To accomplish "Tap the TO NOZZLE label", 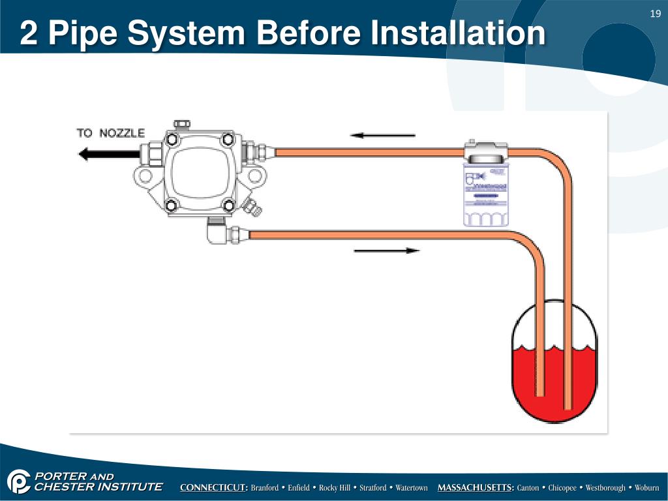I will pyautogui.click(x=110, y=133).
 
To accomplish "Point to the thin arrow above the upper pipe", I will pyautogui.click(x=382, y=136).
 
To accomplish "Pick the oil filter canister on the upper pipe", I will pyautogui.click(x=486, y=186).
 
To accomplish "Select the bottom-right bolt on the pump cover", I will pyautogui.click(x=229, y=206).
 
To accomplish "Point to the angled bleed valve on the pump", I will pyautogui.click(x=252, y=208).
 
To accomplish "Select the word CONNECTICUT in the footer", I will pyautogui.click(x=214, y=488).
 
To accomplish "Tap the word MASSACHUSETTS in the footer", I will pyautogui.click(x=476, y=488).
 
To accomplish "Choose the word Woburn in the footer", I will pyautogui.click(x=646, y=488).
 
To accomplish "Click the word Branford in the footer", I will pyautogui.click(x=266, y=488).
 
